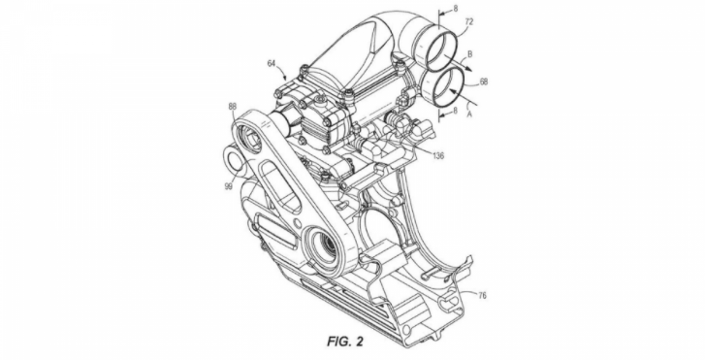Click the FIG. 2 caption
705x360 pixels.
pos(345,342)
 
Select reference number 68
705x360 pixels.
pos(484,82)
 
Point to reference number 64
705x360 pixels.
pos(272,64)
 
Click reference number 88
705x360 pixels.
pos(232,106)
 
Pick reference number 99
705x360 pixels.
pos(229,186)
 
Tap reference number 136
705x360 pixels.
pos(438,156)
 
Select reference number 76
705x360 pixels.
pos(482,295)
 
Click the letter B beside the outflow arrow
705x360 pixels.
pos(470,55)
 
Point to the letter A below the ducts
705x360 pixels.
pos(470,115)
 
